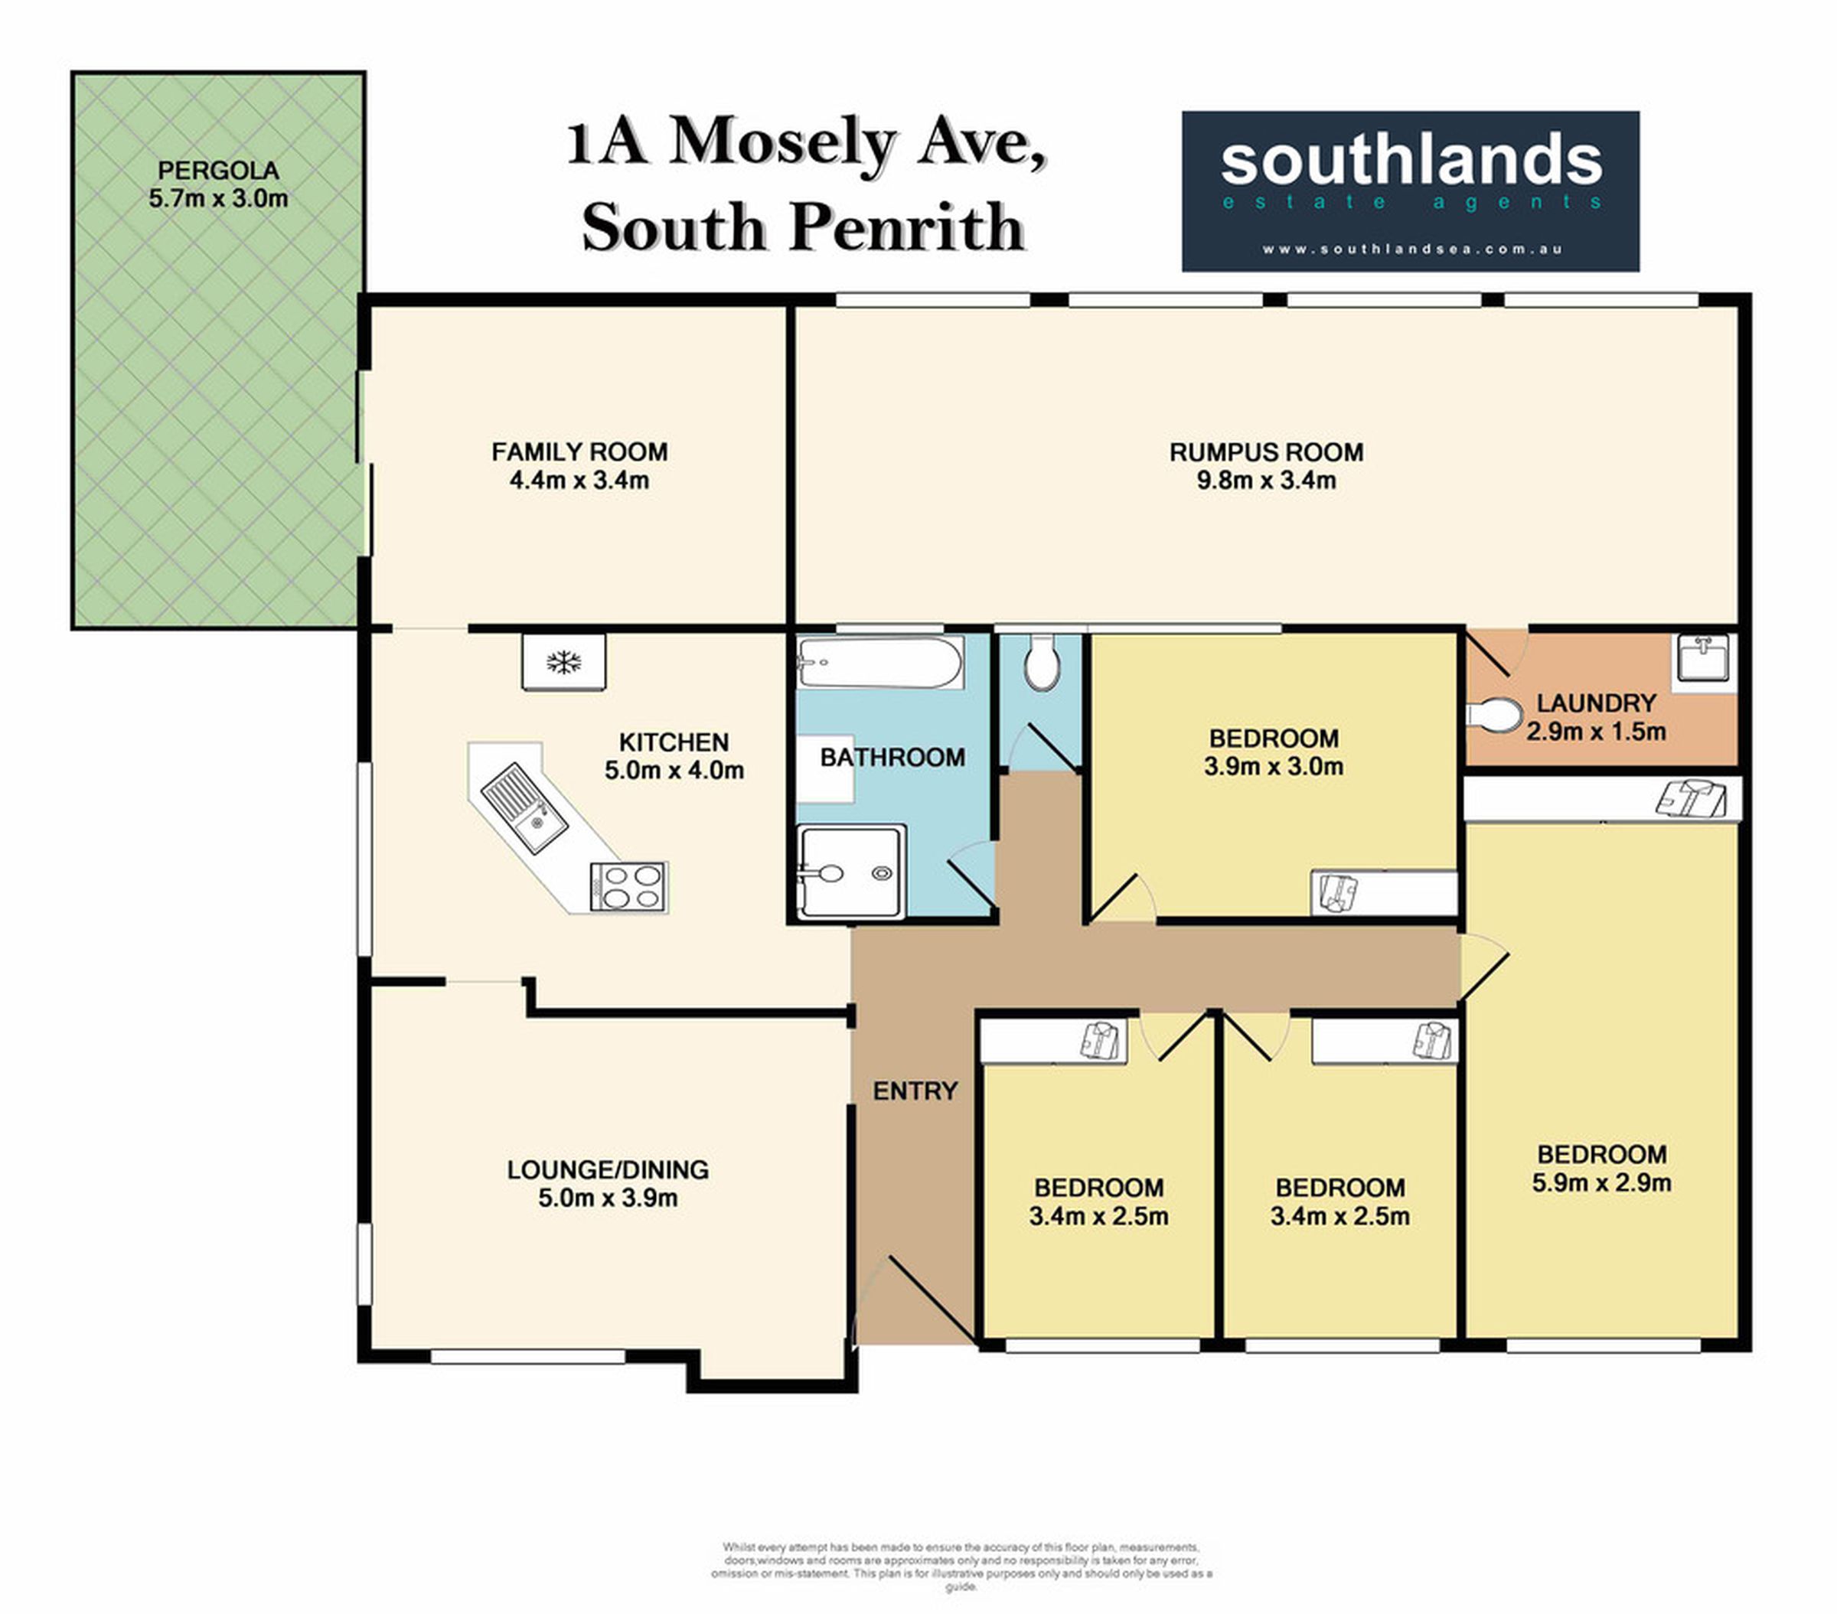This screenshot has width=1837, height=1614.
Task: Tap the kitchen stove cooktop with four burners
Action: (628, 886)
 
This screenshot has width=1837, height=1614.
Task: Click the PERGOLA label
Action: (218, 170)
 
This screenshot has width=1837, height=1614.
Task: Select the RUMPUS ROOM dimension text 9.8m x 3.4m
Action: (1265, 481)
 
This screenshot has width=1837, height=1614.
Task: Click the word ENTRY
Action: (915, 1091)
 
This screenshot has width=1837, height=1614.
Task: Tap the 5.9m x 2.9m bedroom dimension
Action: (1601, 1182)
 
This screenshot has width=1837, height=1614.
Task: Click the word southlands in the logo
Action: (1411, 160)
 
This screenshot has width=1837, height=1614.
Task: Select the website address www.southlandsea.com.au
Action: (1412, 249)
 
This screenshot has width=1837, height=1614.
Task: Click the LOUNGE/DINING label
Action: (608, 1169)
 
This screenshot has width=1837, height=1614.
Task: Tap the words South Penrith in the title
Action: (803, 227)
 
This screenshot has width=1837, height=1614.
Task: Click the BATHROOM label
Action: (892, 758)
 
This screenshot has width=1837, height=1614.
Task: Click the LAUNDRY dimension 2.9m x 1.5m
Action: (1596, 732)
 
